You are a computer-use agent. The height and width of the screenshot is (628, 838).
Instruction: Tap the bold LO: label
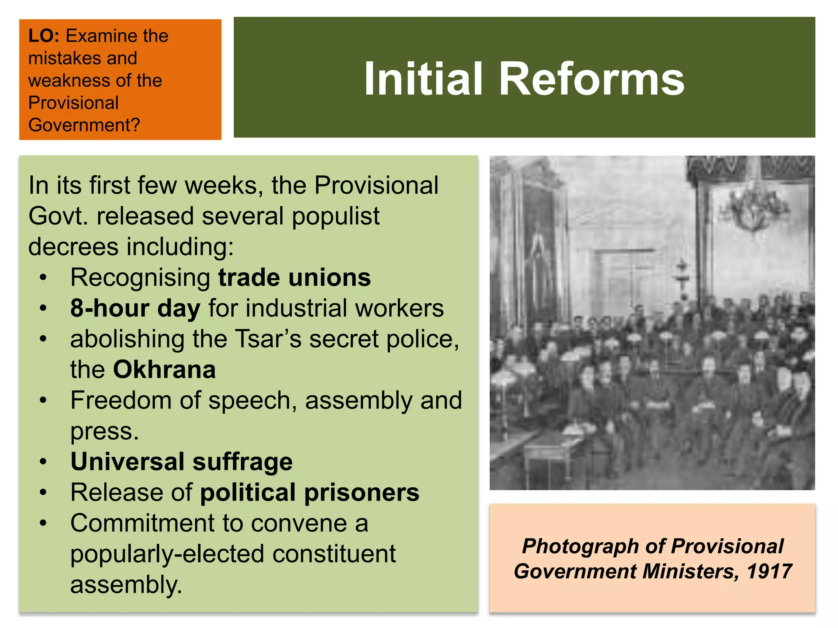click(x=44, y=36)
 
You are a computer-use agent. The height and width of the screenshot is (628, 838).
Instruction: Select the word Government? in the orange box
click(x=84, y=125)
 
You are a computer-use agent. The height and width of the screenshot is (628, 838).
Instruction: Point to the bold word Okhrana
click(x=164, y=370)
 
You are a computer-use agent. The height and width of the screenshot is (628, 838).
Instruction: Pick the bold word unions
click(x=329, y=278)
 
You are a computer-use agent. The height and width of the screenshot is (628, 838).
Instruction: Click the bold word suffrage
click(x=242, y=462)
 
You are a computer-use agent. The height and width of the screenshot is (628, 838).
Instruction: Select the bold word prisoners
click(x=362, y=492)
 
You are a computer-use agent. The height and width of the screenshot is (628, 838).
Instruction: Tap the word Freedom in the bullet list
click(x=121, y=400)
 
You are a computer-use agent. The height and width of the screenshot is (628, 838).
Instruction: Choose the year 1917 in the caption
click(x=769, y=571)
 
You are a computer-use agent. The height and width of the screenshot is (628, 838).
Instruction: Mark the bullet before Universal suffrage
click(x=43, y=462)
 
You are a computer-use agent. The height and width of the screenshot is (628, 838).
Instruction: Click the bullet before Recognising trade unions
click(x=43, y=278)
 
